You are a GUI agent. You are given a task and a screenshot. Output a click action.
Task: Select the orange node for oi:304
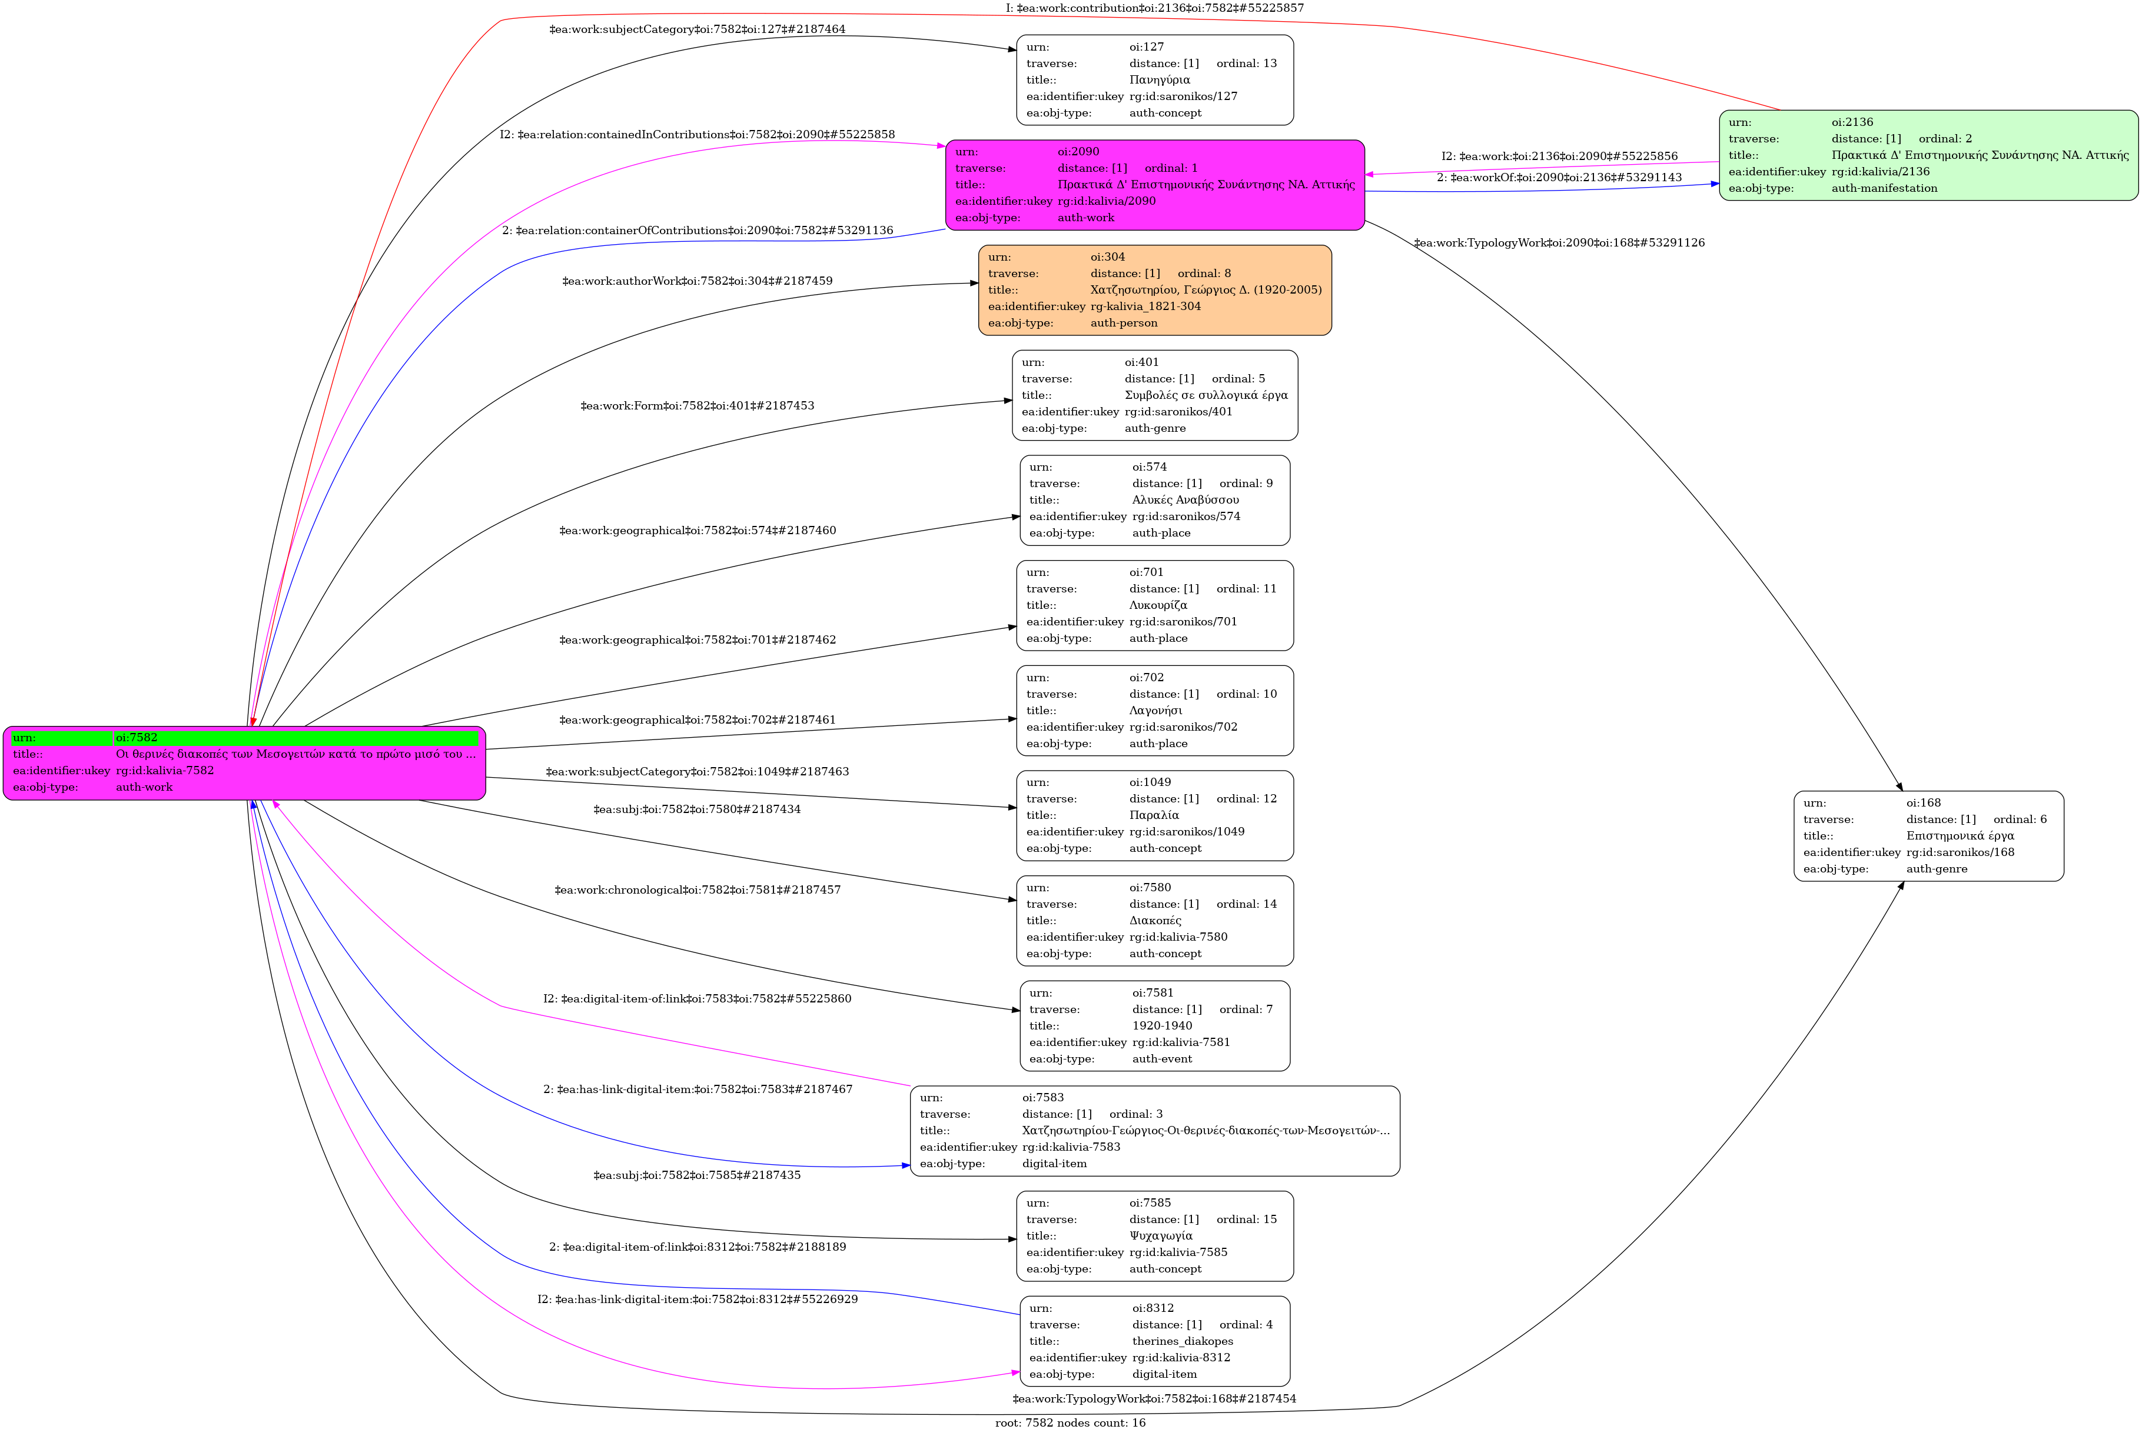coord(1154,290)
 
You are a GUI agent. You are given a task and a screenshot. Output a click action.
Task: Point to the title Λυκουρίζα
coord(1158,605)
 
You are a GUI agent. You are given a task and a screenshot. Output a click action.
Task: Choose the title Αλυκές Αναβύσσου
coord(1185,500)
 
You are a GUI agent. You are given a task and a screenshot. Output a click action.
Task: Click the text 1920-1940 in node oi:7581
coord(1162,1026)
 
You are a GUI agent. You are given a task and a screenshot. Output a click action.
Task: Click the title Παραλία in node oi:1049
coord(1154,816)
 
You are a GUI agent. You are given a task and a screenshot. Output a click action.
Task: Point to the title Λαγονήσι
coord(1155,711)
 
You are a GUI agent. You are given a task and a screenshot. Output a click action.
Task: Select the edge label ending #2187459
coord(697,281)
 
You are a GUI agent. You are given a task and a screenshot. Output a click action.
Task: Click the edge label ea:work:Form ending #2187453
coord(697,406)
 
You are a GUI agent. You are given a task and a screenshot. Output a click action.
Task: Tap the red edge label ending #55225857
coord(1154,8)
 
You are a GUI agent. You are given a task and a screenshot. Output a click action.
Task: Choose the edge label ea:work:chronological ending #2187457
coord(697,890)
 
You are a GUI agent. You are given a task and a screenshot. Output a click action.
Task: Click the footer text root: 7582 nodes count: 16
coord(1070,1423)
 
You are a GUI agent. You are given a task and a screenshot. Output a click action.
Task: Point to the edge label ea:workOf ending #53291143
coord(1559,178)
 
